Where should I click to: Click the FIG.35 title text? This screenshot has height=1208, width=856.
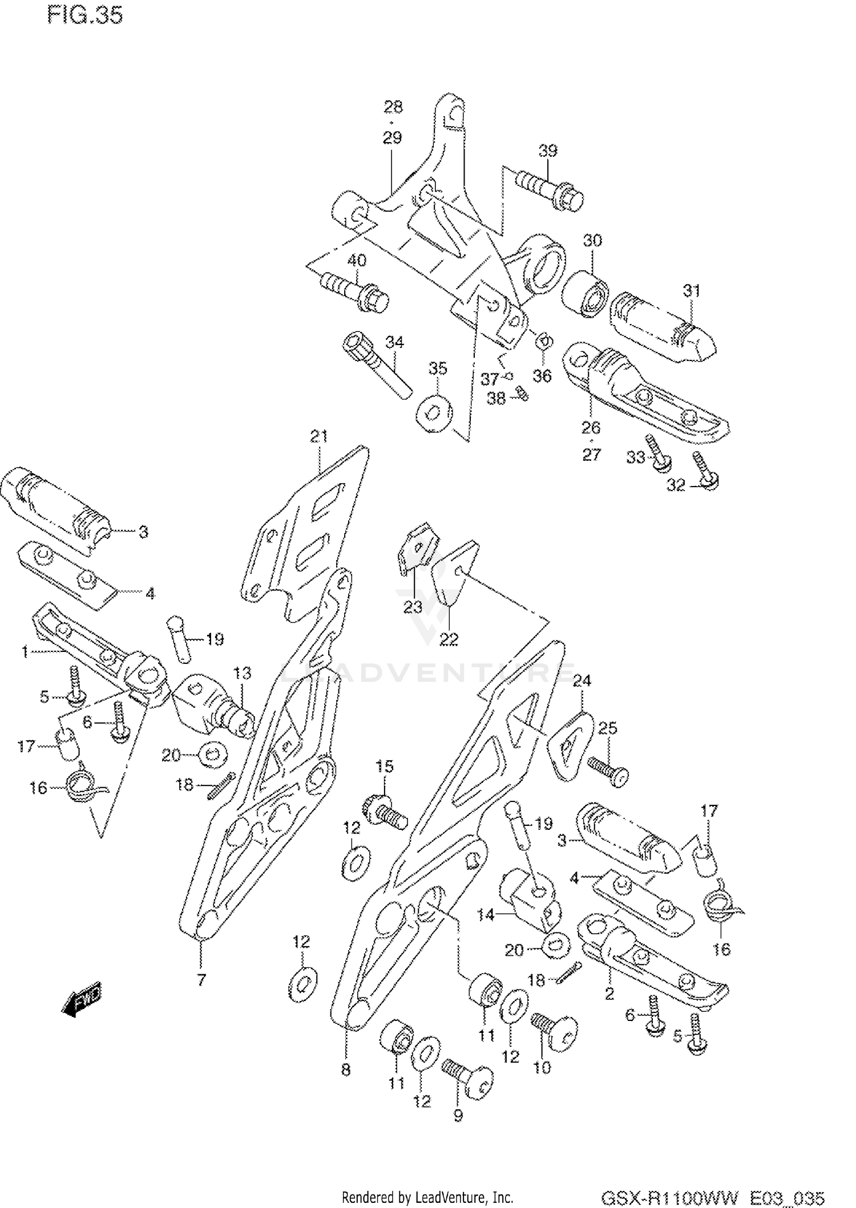tap(85, 15)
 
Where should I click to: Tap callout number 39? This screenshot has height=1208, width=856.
tap(547, 151)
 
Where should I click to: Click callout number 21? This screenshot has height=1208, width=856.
tap(319, 436)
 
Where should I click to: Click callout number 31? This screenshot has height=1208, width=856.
tap(692, 291)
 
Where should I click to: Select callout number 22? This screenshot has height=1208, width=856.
tap(449, 639)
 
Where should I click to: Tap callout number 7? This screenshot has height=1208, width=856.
tap(201, 980)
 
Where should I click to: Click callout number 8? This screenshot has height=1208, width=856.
tap(346, 1070)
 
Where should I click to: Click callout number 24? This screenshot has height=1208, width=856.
tap(582, 680)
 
